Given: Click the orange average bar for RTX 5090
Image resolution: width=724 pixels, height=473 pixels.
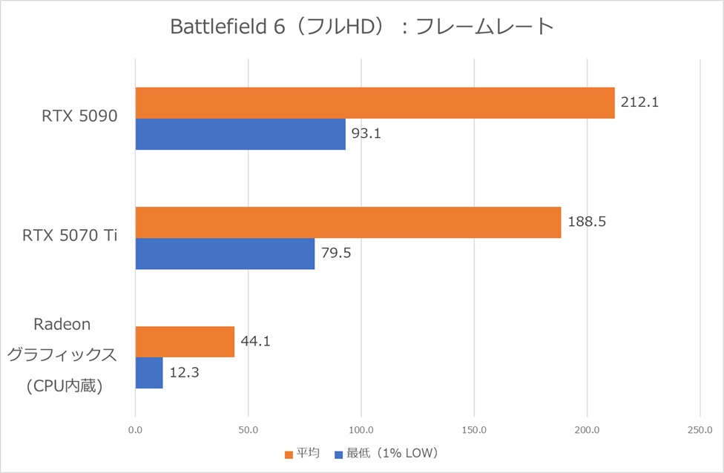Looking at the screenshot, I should [x=375, y=103].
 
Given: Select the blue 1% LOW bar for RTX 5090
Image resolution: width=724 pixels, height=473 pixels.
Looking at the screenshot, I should [x=240, y=134].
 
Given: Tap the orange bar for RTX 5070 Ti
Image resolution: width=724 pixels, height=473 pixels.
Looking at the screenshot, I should [x=348, y=222].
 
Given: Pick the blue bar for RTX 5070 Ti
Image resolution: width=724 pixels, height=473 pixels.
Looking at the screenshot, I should [x=225, y=254].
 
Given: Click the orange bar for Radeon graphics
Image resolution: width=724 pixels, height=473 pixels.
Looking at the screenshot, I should [x=185, y=342].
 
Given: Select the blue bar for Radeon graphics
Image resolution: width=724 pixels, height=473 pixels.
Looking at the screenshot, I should [x=149, y=373].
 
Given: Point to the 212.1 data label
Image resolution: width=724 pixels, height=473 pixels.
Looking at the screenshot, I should [x=639, y=102].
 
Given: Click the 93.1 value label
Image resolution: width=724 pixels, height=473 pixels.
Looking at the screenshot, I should [x=366, y=134].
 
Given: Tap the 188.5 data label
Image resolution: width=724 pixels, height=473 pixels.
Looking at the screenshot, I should [x=586, y=222].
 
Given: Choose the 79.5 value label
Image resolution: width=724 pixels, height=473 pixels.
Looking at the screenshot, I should [x=335, y=254].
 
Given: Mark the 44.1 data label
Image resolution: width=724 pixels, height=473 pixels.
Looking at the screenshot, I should [x=255, y=342].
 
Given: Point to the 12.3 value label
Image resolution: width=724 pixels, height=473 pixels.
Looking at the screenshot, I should [x=183, y=373].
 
